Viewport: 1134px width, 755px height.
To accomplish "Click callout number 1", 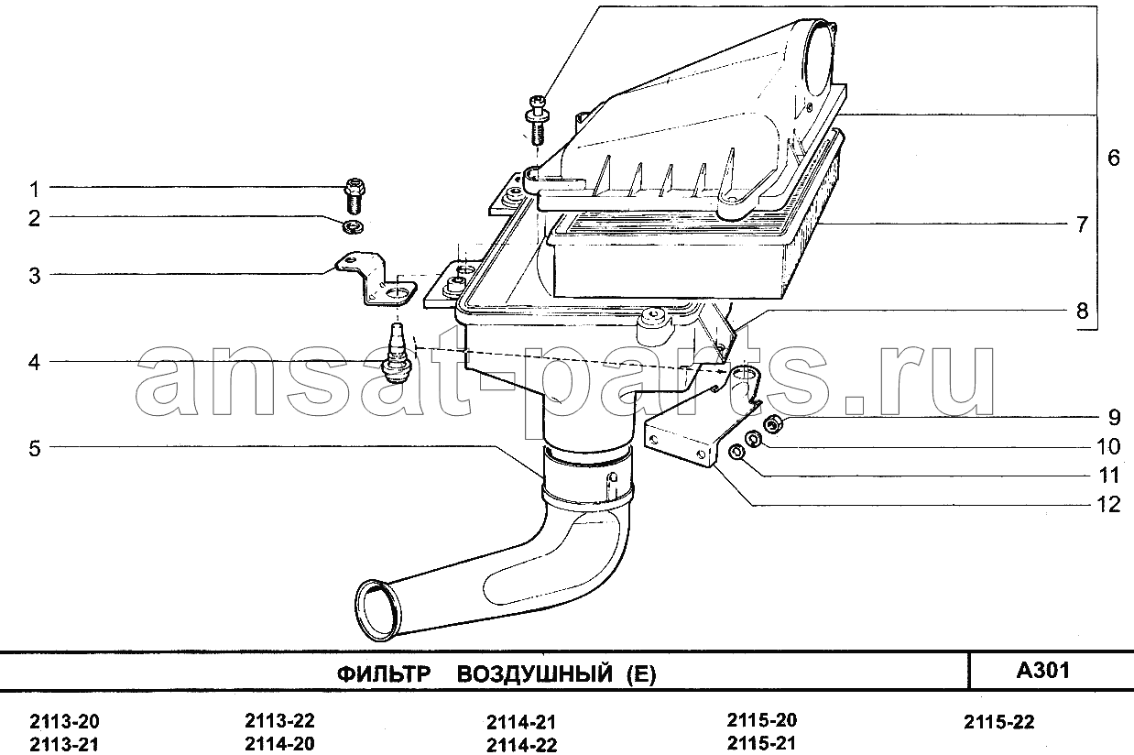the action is point(34,190).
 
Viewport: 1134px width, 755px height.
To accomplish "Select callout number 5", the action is point(34,448).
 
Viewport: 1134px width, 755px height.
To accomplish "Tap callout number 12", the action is point(1108,504).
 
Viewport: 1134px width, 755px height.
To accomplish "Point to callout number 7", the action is point(1082,224).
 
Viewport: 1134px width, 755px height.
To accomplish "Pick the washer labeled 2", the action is point(354,228).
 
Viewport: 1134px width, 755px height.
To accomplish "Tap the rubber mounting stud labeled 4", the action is point(397,354).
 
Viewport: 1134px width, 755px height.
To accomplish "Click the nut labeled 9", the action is point(773,423).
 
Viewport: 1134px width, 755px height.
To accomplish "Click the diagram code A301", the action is point(1043,671).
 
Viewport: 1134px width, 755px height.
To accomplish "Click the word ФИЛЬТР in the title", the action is point(384,674).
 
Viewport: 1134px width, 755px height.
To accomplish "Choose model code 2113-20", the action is point(64,721).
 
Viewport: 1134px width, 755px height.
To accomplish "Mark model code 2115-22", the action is point(998,722).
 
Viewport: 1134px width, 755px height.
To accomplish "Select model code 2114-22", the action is point(521,745).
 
